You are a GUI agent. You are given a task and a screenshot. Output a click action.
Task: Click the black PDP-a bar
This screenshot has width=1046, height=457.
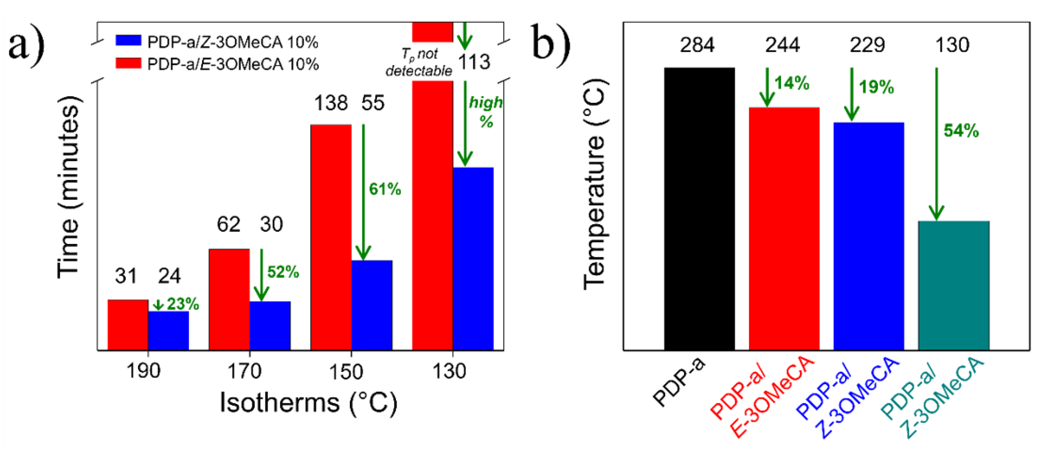coord(699,209)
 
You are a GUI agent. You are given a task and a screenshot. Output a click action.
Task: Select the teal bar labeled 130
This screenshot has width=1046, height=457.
coord(953,285)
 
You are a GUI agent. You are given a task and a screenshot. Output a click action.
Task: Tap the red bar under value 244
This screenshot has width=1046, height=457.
coord(784,228)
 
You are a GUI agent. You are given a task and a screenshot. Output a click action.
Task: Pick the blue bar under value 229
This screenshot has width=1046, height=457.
coord(869,236)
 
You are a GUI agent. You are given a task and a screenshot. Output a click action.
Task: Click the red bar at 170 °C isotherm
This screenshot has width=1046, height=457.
coord(229,299)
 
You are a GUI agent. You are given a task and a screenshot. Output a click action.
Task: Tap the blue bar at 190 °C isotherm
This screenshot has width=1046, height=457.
coord(168,330)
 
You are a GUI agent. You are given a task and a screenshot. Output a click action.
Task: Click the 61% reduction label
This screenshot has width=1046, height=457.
coord(385,189)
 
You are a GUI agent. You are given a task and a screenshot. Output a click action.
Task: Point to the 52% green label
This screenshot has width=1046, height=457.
coord(283,272)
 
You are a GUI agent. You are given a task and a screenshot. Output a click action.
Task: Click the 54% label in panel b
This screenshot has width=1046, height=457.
coord(961,131)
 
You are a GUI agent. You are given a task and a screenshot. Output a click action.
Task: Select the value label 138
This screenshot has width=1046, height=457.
coord(331,103)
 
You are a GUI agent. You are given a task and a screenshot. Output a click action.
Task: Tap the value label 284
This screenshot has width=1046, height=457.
coord(697,45)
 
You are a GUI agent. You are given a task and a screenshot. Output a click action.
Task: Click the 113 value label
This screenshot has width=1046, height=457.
coord(474,62)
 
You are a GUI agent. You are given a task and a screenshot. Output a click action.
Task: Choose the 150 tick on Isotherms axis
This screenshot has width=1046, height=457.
coord(346,371)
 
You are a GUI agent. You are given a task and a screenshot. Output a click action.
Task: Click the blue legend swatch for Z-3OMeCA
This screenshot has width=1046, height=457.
coord(128,40)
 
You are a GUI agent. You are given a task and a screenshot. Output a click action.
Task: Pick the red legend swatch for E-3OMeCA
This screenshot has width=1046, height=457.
coord(128,63)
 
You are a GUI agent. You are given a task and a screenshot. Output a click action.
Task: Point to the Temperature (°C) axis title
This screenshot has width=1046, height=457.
coord(595,185)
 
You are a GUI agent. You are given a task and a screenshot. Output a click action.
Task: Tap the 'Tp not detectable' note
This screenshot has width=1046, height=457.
coord(419,62)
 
